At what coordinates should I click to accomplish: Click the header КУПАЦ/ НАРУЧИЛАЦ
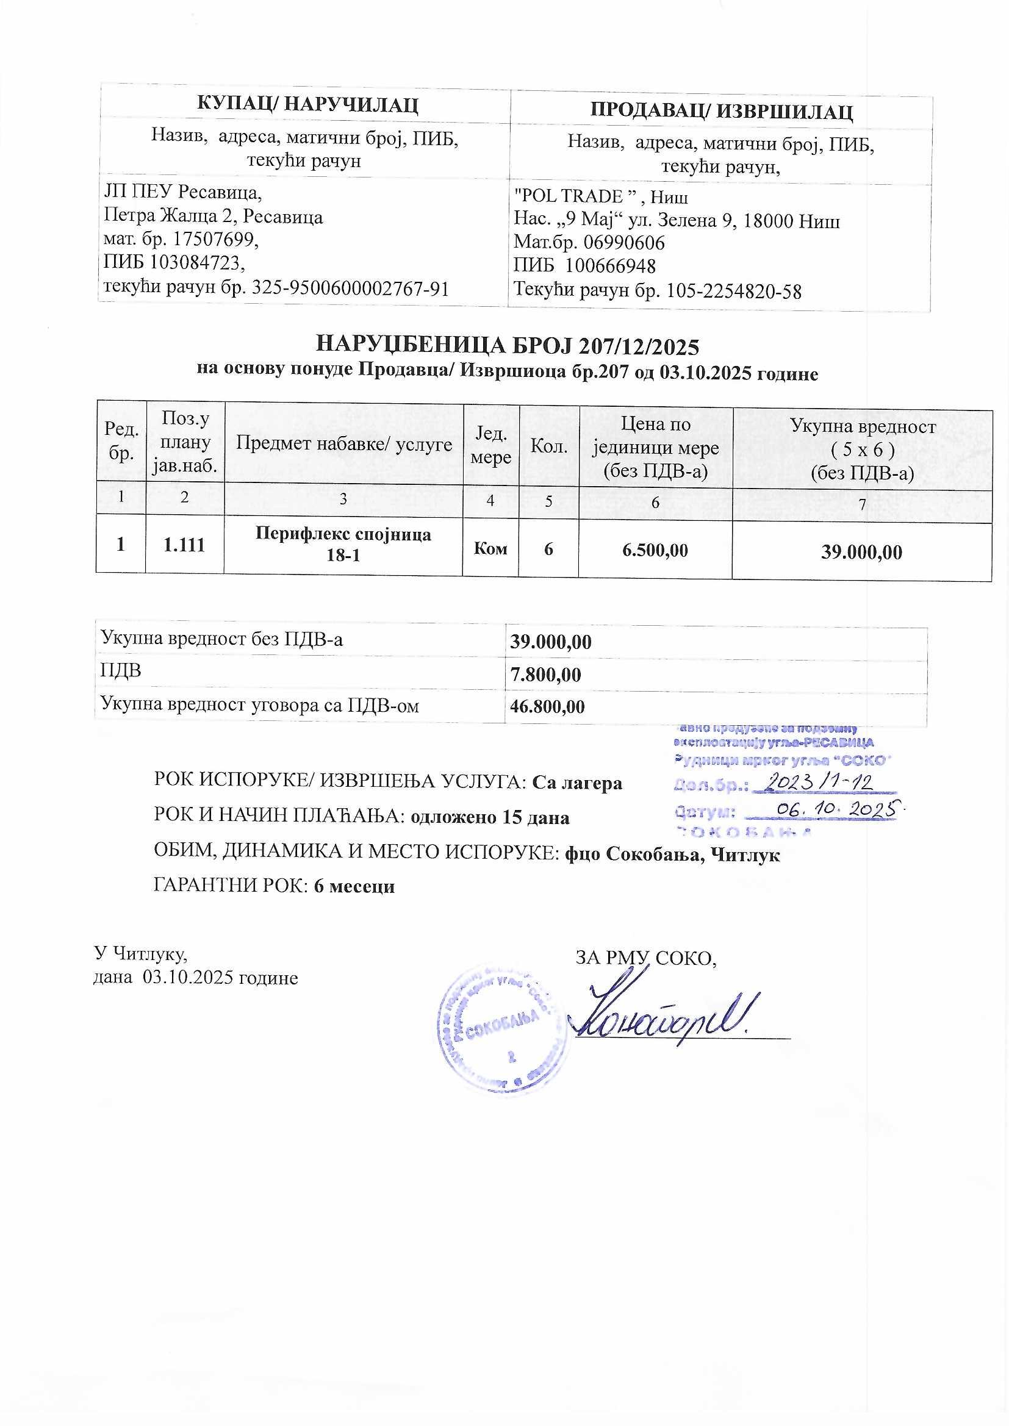[x=307, y=104]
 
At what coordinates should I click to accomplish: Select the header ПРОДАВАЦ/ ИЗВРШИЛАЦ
[x=720, y=111]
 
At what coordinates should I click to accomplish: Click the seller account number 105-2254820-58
[x=733, y=291]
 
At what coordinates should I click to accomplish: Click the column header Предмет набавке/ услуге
[x=343, y=443]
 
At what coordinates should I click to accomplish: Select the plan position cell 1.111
[x=184, y=545]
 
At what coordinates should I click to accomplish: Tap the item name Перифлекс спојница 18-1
[x=343, y=544]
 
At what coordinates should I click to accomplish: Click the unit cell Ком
[x=490, y=548]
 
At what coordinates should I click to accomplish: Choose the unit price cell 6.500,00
[x=655, y=550]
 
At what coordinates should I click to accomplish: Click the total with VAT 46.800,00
[x=547, y=706]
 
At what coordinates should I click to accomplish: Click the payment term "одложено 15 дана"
[x=490, y=817]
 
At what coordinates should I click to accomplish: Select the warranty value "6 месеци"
[x=354, y=886]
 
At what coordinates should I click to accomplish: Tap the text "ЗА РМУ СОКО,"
[x=646, y=958]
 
